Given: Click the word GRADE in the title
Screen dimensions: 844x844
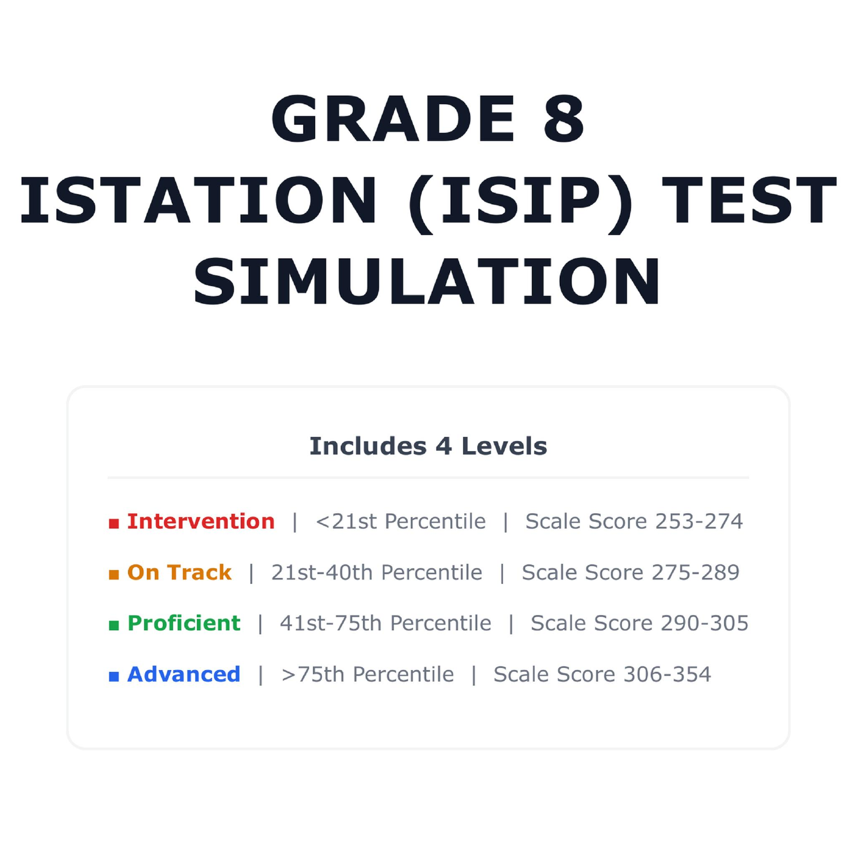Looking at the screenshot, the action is [x=393, y=119].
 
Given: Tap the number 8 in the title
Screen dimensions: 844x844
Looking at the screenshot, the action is [x=564, y=119].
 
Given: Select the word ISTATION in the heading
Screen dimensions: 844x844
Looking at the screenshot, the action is [x=198, y=200].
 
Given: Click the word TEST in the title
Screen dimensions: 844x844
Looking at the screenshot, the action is [x=749, y=200].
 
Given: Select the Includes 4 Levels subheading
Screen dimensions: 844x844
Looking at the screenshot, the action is [x=428, y=446].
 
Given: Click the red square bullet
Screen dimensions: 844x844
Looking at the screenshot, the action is [x=114, y=524].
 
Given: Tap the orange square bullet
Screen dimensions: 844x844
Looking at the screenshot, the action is [x=114, y=574].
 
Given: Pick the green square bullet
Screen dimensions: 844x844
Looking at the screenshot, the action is [x=114, y=625].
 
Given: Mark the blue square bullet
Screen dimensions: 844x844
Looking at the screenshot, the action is [x=114, y=676].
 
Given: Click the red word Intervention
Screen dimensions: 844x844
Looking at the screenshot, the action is [x=201, y=522].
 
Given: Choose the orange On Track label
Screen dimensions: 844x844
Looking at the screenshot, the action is [x=179, y=572].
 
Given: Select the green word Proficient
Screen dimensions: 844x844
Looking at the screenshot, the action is [x=184, y=623].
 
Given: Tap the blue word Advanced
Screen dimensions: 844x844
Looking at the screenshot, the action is [x=184, y=674].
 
